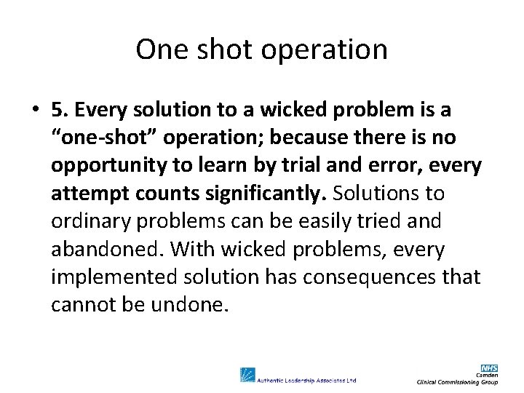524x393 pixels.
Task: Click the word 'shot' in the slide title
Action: click(x=205, y=49)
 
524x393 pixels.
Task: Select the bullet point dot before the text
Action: click(x=35, y=111)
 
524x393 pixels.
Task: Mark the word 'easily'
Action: click(x=325, y=222)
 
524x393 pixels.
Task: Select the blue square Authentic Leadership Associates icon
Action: click(x=248, y=376)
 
